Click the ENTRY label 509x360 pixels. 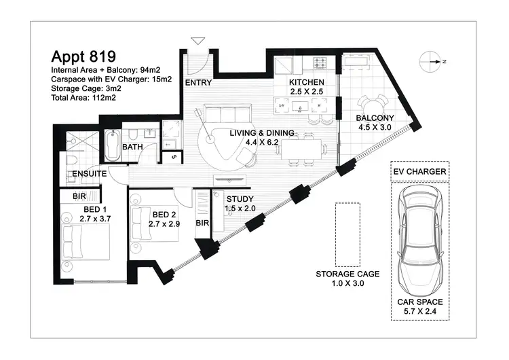198,84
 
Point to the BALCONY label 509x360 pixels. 375,118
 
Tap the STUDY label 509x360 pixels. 241,198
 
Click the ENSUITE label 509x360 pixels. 90,174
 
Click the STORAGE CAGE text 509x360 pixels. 347,274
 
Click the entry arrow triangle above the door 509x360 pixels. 197,41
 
